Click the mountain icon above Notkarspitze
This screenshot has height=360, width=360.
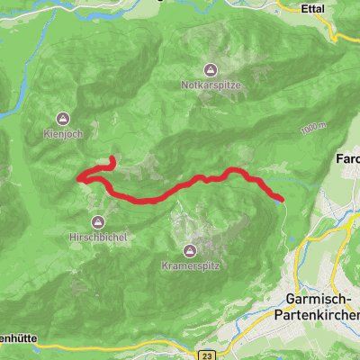pos(210,70)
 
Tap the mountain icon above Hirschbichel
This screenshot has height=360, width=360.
pos(98,221)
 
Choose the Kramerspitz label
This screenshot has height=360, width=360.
pos(190,266)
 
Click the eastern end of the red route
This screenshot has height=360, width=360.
pos(282,199)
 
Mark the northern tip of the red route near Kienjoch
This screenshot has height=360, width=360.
pos(111,159)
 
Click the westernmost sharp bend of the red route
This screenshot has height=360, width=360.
pos(79,178)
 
